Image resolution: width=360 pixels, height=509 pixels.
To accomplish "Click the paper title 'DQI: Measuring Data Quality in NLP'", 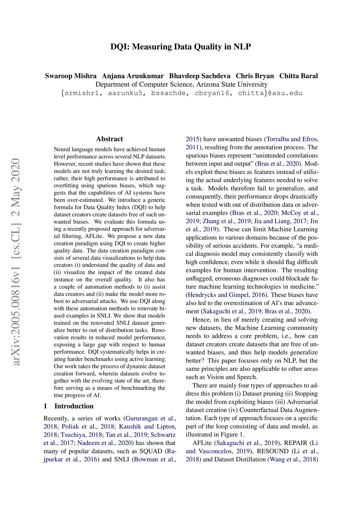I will pyautogui.click(x=180, y=47).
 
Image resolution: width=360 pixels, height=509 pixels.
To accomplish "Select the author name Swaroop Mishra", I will pyautogui.click(x=71, y=76).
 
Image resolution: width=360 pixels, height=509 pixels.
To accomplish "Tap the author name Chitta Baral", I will pyautogui.click(x=298, y=76).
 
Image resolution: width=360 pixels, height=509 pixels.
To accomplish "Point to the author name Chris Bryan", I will pyautogui.click(x=255, y=76).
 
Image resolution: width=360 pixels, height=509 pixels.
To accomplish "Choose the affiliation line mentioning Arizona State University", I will pyautogui.click(x=181, y=84).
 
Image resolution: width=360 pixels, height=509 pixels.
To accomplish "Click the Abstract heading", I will pyautogui.click(x=109, y=139).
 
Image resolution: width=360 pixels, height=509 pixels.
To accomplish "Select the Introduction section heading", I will pyautogui.click(x=74, y=406).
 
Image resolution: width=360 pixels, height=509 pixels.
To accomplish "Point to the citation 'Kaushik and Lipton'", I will pyautogui.click(x=147, y=426).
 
